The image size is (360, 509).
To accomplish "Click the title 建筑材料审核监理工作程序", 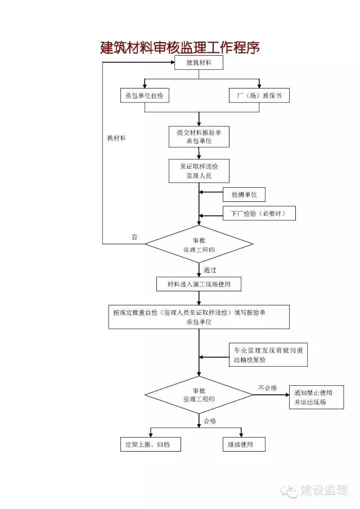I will pyautogui.click(x=179, y=47).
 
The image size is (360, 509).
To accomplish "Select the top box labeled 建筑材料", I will pyautogui.click(x=199, y=62).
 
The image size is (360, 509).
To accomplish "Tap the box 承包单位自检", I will pyautogui.click(x=145, y=96).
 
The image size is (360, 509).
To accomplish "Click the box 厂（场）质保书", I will pyautogui.click(x=259, y=96).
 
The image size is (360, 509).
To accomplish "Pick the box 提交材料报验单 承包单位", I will pyautogui.click(x=199, y=136).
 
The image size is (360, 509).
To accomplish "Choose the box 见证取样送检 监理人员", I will pyautogui.click(x=199, y=171).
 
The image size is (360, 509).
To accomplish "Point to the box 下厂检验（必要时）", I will pyautogui.click(x=259, y=214).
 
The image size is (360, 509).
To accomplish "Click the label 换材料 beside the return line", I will pyautogui.click(x=116, y=138).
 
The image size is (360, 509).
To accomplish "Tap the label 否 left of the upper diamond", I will pyautogui.click(x=134, y=237).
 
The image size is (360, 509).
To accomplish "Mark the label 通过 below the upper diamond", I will pyautogui.click(x=210, y=270).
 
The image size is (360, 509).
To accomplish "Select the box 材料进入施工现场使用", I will pyautogui.click(x=199, y=284).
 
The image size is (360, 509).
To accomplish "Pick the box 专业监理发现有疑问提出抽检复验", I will pyautogui.click(x=268, y=355).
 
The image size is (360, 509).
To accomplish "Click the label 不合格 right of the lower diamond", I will pyautogui.click(x=268, y=388).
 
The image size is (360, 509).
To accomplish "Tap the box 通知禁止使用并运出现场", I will pyautogui.click(x=316, y=398).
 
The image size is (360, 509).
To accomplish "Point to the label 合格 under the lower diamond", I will pyautogui.click(x=210, y=421).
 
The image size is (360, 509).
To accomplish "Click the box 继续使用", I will pyautogui.click(x=244, y=444).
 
